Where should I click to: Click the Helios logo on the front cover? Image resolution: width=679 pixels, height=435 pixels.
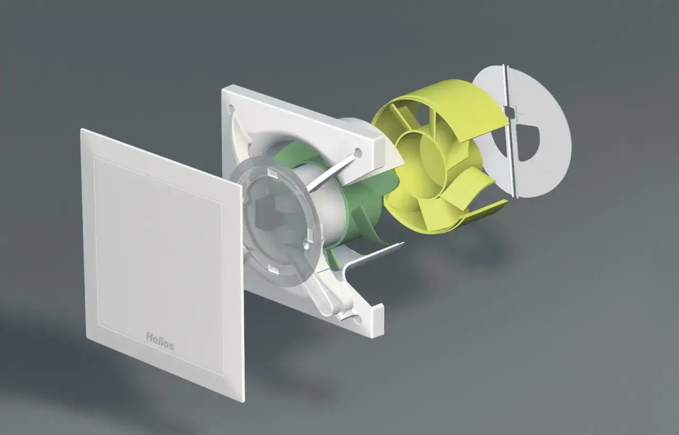click(x=160, y=341)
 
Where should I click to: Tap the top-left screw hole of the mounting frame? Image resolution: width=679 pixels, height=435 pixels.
click(x=231, y=108)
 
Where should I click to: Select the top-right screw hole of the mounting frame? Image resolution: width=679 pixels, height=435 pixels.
click(x=358, y=152)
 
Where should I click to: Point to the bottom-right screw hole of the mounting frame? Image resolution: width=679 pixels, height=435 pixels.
click(x=357, y=319)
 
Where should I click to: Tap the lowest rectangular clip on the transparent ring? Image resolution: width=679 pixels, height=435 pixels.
click(x=274, y=269)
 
